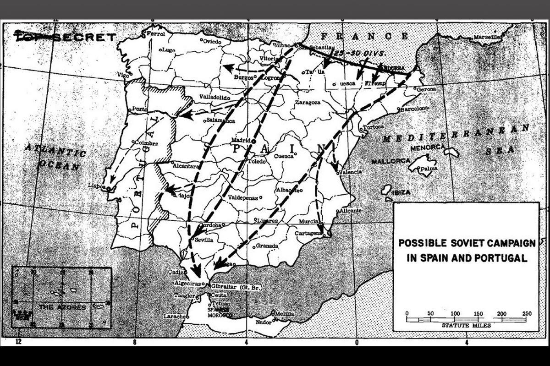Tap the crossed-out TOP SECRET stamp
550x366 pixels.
click(x=65, y=37)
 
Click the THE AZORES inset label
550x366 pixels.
click(x=62, y=307)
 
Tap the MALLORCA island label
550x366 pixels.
click(x=390, y=161)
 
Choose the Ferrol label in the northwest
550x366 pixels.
click(x=155, y=34)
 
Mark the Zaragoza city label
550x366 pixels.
click(x=308, y=102)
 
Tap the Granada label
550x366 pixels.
click(x=267, y=246)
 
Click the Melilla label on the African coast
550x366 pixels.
click(x=285, y=313)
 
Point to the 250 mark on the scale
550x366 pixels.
click(x=527, y=313)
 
